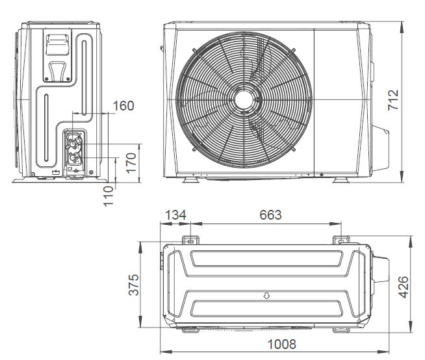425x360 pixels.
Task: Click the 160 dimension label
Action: tap(123, 105)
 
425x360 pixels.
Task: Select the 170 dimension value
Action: tap(131, 162)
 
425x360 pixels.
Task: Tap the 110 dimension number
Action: tap(109, 195)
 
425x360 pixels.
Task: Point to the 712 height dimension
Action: tap(394, 101)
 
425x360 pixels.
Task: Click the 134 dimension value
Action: tap(175, 215)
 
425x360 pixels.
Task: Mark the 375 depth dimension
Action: tap(134, 284)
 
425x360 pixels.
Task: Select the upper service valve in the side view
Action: tap(74, 140)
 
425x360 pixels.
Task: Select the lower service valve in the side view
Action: tap(75, 157)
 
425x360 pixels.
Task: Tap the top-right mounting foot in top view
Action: tap(341, 240)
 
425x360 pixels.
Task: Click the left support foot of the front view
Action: tap(188, 178)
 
